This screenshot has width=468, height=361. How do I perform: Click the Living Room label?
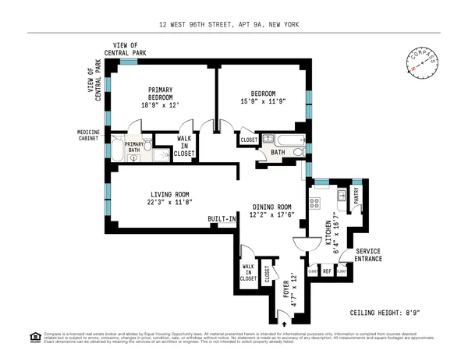(165, 199)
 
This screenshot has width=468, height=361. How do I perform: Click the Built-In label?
(222, 220)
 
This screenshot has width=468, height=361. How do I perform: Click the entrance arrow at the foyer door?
(283, 320)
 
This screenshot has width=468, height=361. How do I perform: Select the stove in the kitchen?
(317, 204)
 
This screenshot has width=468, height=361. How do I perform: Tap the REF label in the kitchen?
(328, 271)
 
